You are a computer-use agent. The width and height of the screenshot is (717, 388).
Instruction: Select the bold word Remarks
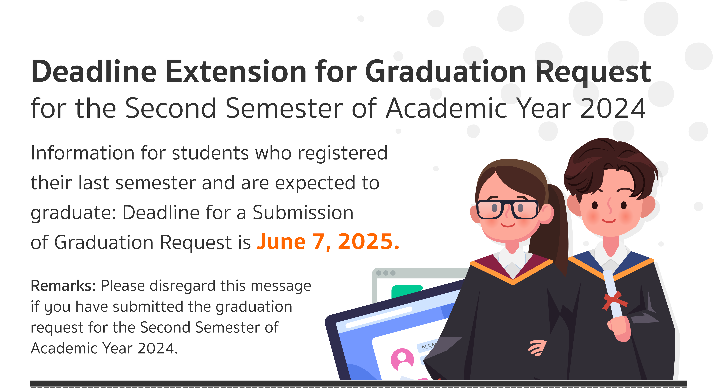(x=63, y=286)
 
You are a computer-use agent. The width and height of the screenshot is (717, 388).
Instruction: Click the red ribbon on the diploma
(x=615, y=301)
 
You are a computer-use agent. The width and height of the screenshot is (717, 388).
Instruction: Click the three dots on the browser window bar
(x=386, y=273)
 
